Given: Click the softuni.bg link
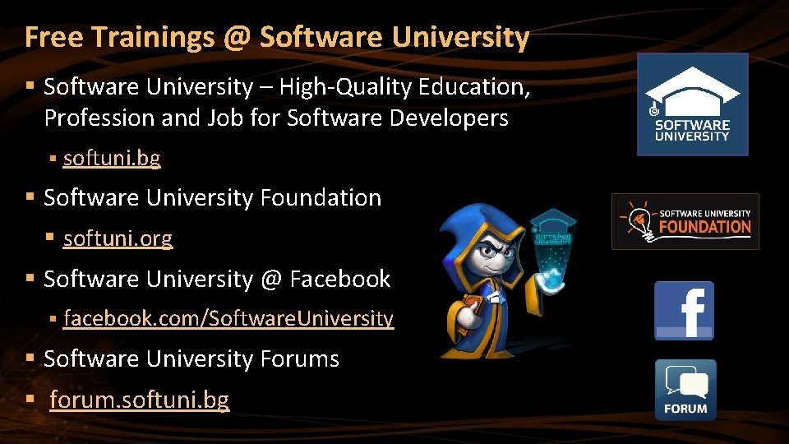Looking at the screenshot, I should click(x=112, y=158).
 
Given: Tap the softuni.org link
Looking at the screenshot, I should click(x=118, y=238).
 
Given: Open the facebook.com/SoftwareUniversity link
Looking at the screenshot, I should click(x=228, y=318).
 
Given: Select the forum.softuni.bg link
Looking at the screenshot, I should click(x=139, y=400).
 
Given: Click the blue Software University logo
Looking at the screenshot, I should click(x=692, y=104).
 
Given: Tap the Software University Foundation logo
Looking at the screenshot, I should click(x=685, y=221).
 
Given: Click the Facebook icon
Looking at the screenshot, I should click(x=684, y=310).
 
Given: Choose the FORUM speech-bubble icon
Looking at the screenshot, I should click(x=685, y=390).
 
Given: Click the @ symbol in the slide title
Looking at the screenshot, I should click(x=234, y=37).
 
